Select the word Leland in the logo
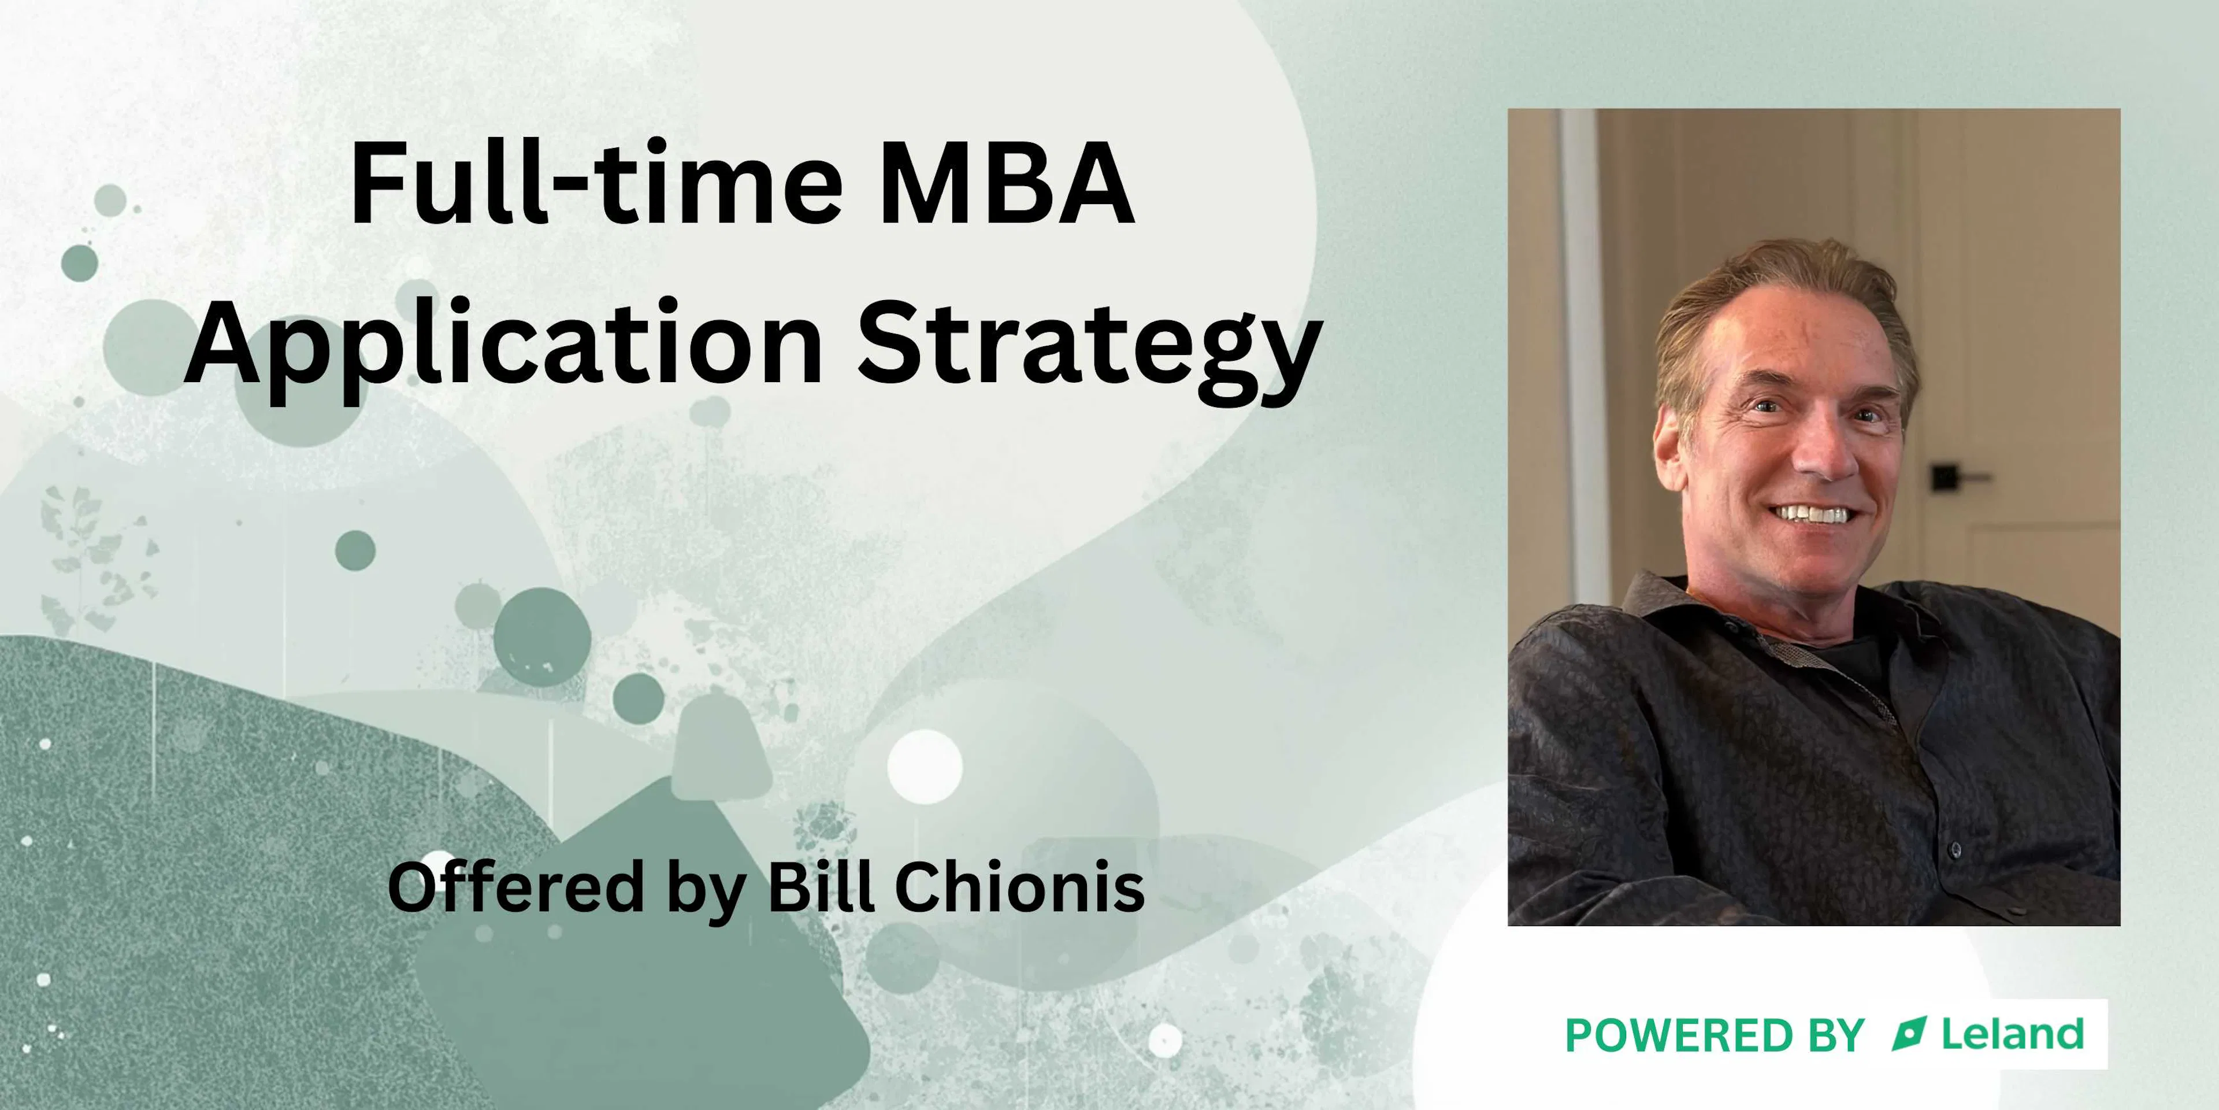pos(2012,1034)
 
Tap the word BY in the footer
pos(1834,1035)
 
